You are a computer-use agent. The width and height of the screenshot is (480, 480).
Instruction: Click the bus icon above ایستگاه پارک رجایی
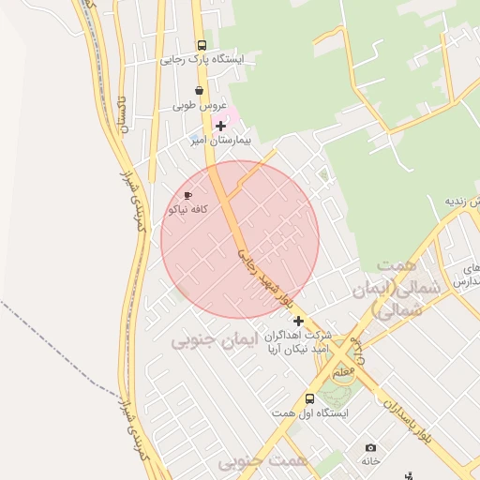[202, 45]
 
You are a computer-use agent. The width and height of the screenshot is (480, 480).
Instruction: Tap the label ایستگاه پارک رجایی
[201, 59]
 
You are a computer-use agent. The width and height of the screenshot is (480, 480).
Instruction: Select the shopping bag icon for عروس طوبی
[198, 91]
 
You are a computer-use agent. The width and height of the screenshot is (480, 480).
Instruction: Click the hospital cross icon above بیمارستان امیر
[220, 126]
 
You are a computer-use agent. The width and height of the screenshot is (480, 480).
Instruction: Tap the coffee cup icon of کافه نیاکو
[187, 196]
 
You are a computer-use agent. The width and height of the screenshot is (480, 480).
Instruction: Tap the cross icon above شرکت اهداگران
[298, 321]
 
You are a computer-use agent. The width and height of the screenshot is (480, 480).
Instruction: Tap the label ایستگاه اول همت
[321, 412]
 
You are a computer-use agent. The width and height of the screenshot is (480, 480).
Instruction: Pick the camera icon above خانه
[371, 448]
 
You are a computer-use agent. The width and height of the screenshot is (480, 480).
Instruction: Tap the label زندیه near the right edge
[463, 202]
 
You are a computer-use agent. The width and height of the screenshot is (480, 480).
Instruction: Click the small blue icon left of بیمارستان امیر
[194, 141]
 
